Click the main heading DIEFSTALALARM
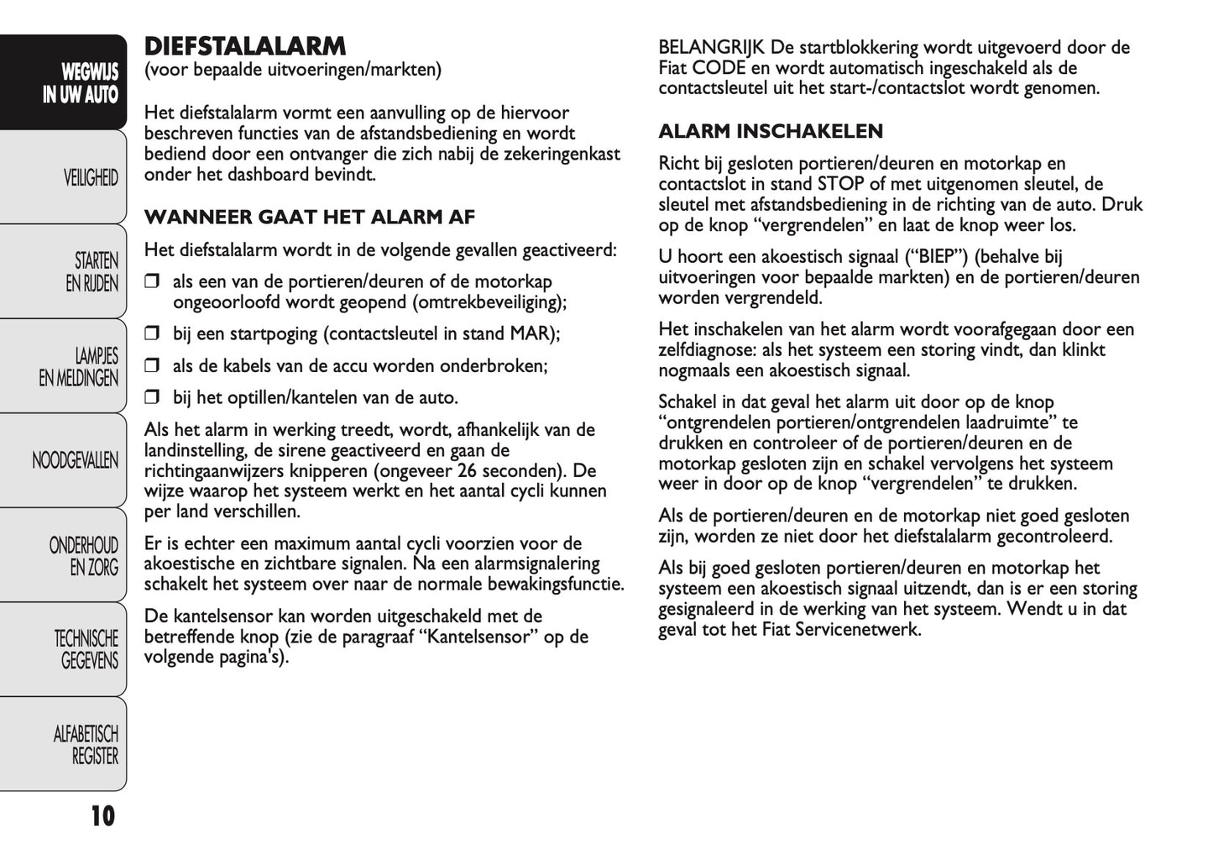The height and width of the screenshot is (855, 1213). [x=245, y=45]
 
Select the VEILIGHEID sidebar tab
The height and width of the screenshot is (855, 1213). [x=91, y=178]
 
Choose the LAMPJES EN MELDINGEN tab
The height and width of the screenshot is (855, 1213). [x=79, y=367]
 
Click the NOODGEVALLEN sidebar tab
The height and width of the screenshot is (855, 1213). [x=75, y=460]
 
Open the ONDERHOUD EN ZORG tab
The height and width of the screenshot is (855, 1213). [x=84, y=556]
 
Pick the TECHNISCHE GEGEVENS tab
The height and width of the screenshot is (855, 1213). [x=86, y=650]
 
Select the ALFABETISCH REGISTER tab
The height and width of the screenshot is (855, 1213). [x=86, y=745]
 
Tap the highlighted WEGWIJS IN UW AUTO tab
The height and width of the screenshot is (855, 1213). [x=81, y=83]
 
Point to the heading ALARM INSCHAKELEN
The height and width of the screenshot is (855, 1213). [x=771, y=131]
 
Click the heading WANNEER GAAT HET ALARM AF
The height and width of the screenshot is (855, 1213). [x=310, y=218]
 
